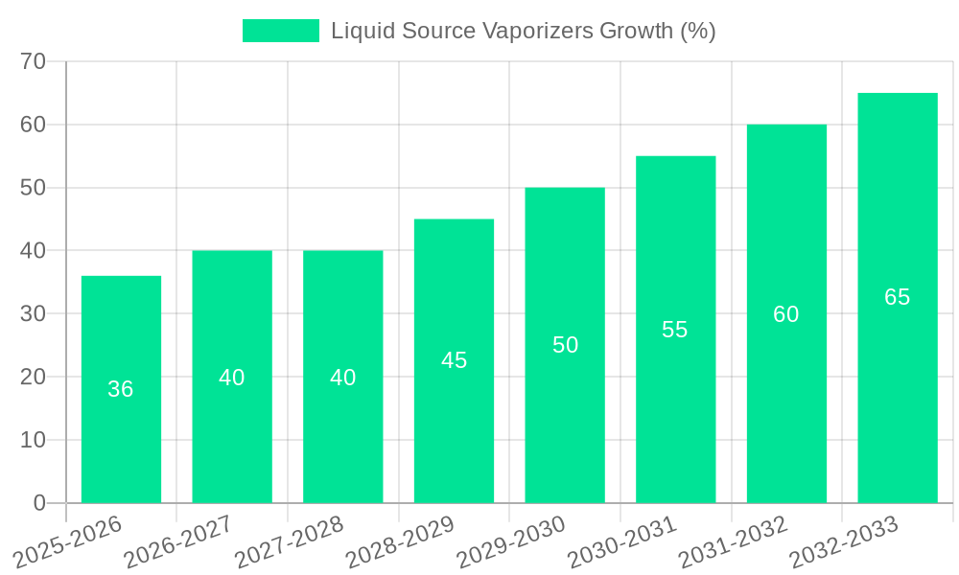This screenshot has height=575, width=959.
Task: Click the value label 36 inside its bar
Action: [121, 389]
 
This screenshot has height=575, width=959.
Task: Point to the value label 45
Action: [454, 360]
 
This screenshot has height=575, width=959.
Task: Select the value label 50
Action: [565, 345]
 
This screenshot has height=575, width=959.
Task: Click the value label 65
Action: [897, 297]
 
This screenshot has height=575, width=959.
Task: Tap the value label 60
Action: [785, 314]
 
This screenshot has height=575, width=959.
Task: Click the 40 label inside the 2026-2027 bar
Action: [232, 378]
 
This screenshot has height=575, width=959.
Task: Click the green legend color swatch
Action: [280, 31]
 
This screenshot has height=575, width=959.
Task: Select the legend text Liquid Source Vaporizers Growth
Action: [523, 31]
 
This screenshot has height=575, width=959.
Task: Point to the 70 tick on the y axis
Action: [34, 61]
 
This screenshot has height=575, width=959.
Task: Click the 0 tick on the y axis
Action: [39, 503]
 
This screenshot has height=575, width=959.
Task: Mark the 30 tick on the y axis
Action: [34, 313]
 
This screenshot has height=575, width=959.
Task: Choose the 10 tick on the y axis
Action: [34, 440]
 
